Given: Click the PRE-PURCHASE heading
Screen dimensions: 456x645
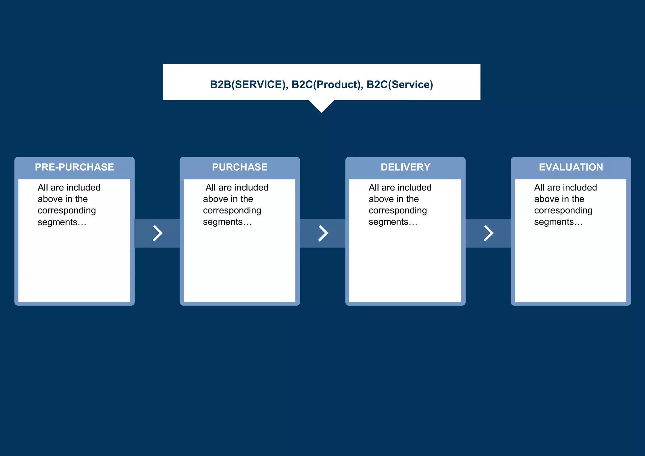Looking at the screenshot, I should (x=74, y=167).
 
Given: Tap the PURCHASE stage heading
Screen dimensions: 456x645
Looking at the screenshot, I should (x=240, y=167).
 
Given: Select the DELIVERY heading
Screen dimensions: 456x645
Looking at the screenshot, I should (x=405, y=167).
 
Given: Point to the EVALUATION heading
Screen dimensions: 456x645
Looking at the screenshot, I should (x=571, y=167).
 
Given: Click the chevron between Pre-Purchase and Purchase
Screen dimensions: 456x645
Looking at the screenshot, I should (x=157, y=233).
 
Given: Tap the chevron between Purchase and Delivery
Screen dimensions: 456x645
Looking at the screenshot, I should (x=323, y=233).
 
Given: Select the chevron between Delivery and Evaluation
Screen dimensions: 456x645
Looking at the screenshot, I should (x=488, y=233).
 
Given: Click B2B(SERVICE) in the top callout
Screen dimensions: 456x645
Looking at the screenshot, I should (x=248, y=84).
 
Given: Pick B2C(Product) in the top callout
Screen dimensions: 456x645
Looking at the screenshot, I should (x=326, y=84).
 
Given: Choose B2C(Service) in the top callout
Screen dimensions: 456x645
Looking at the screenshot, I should (x=400, y=84).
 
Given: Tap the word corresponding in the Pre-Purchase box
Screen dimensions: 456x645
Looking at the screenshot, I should (x=67, y=211).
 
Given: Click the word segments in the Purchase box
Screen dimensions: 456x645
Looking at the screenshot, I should (x=223, y=222).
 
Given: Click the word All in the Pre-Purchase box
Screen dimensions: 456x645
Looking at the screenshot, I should (x=43, y=188).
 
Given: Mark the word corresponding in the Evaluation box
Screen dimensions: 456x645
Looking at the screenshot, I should (x=563, y=211).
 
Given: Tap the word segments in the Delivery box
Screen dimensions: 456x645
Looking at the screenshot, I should (x=389, y=222).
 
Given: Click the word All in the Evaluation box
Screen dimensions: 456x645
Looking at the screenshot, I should (x=539, y=188).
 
